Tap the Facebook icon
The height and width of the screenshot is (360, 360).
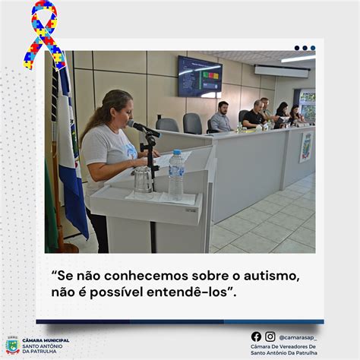tap(256, 336)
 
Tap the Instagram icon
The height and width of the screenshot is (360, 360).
tap(270, 336)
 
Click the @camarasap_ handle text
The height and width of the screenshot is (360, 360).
tap(298, 338)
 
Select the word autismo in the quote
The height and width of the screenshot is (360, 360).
tap(270, 276)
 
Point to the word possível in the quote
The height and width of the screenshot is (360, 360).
tap(117, 292)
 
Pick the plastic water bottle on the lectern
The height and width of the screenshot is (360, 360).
tap(176, 175)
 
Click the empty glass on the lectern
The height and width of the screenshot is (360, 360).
tap(143, 182)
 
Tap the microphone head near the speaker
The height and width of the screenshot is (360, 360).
tap(134, 124)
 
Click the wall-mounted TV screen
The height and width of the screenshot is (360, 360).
tap(200, 77)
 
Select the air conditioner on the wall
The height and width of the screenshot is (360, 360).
tap(282, 71)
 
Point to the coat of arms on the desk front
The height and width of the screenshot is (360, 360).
tap(306, 147)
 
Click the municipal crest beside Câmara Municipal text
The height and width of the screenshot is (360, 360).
tap(13, 346)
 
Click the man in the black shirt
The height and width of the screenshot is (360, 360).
tap(254, 114)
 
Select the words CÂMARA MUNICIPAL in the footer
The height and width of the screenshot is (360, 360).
tap(46, 340)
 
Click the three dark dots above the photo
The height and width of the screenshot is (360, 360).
tap(305, 48)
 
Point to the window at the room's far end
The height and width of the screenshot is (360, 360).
tap(307, 104)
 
